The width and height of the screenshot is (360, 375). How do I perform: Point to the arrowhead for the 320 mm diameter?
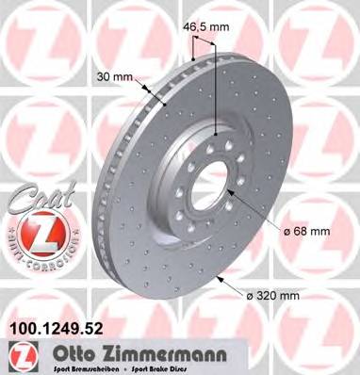click(219, 279)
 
